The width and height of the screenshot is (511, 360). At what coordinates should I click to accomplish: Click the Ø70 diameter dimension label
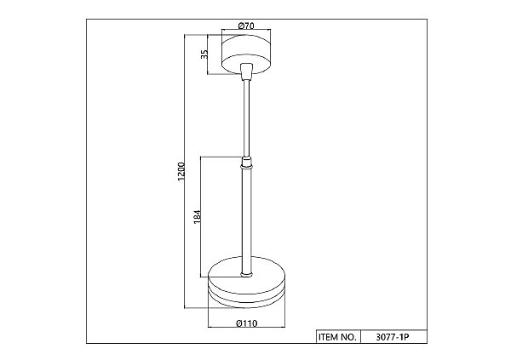point(246,26)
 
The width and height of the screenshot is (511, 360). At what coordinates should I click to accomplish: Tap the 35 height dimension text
point(204,54)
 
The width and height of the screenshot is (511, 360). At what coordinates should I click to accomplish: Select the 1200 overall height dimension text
point(181,172)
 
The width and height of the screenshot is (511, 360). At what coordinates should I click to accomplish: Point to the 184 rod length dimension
point(198,216)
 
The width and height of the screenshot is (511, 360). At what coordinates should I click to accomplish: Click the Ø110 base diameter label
point(247,323)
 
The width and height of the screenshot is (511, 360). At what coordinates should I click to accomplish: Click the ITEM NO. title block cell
point(337,337)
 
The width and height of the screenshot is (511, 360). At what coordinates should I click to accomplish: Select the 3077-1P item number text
point(392,337)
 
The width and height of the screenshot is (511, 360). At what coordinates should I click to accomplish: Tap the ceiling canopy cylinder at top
point(246,54)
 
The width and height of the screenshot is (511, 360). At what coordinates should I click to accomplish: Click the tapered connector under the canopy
point(246,71)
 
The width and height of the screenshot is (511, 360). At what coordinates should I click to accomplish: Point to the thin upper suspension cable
point(246,118)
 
